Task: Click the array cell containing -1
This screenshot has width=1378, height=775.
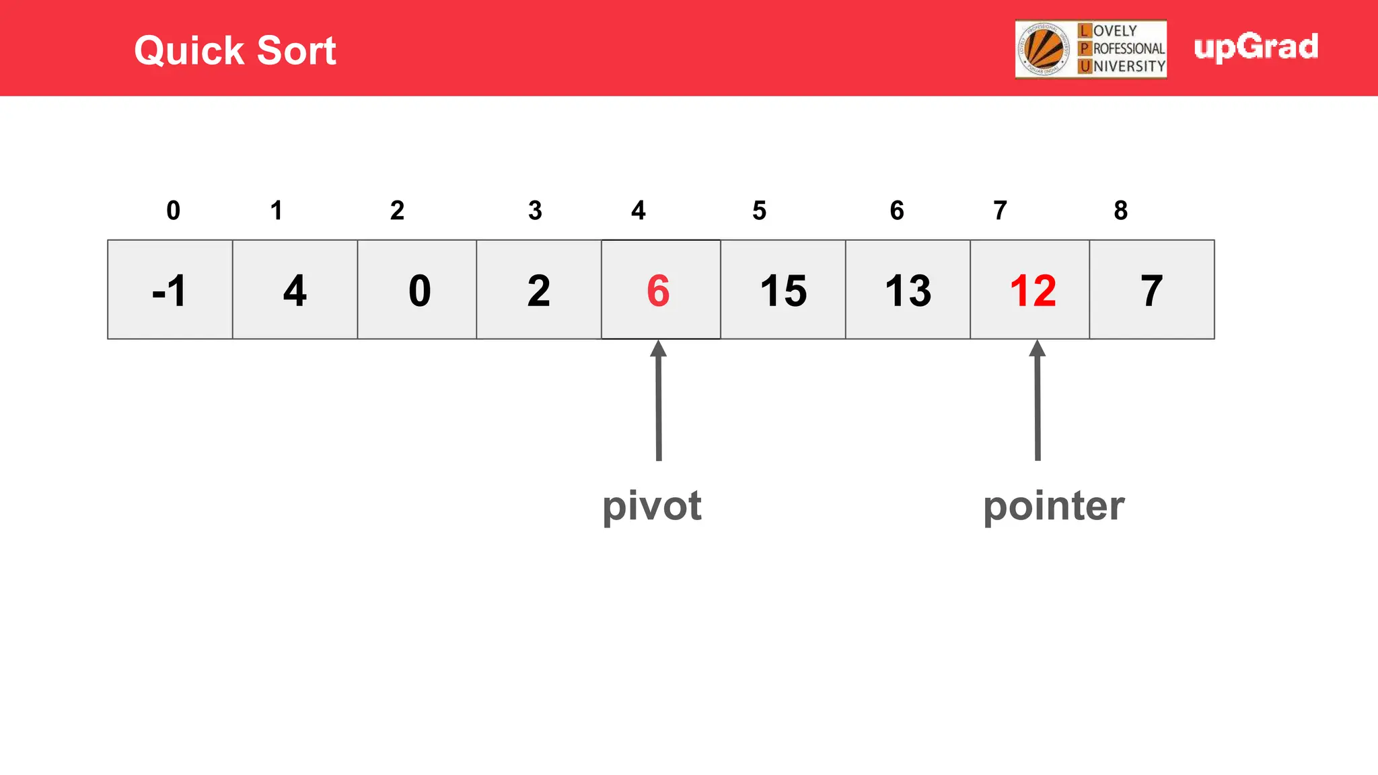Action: tap(170, 290)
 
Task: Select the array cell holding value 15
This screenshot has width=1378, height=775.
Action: tap(783, 290)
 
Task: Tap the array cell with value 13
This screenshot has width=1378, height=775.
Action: tap(908, 290)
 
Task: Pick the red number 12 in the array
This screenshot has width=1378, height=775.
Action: tap(1033, 291)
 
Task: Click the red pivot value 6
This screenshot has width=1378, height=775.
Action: tap(658, 291)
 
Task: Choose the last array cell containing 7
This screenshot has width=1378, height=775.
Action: tap(1152, 290)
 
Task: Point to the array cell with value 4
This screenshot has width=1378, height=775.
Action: tap(295, 290)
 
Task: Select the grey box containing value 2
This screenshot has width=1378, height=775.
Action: tap(538, 290)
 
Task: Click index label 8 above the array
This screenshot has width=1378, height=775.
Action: tap(1120, 211)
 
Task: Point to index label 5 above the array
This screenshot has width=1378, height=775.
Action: tap(759, 211)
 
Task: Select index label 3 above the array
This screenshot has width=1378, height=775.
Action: tap(535, 211)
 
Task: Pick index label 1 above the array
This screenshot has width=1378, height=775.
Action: tap(276, 211)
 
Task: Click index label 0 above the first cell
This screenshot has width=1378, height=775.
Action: tap(173, 211)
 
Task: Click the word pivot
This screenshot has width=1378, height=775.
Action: tap(651, 506)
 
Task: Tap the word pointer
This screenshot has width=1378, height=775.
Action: tap(1054, 506)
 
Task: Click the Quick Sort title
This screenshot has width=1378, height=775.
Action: tap(235, 50)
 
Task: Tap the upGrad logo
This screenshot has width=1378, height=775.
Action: tap(1256, 47)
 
